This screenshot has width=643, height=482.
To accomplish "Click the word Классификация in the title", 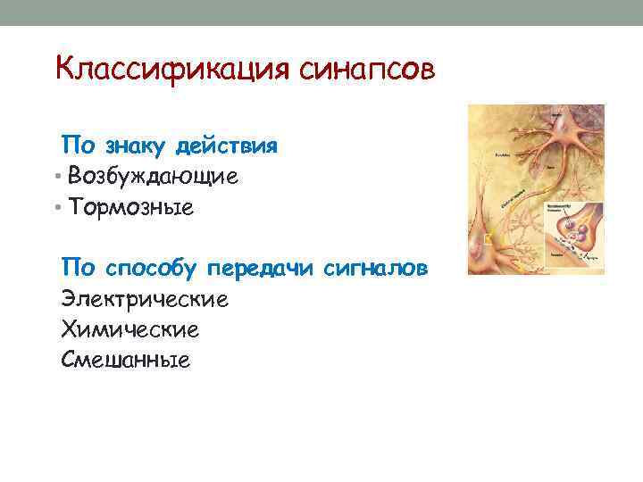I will coord(169,69).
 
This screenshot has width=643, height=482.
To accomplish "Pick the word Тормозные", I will coord(130,208).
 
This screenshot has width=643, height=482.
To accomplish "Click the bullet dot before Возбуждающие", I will coord(57,177).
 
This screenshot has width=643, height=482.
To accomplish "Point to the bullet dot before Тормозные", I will coord(57,208).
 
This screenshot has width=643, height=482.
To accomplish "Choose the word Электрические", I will coord(145,299).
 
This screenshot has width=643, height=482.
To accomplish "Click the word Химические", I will coord(130,329).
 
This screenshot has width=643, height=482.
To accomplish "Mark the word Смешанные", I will coord(126,360).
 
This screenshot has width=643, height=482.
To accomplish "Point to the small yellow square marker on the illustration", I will coord(489,238).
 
